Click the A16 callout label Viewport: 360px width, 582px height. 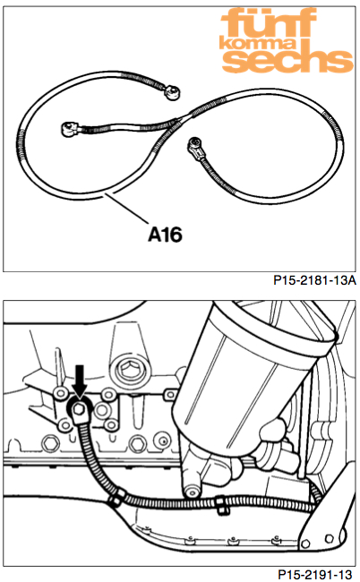coord(165,235)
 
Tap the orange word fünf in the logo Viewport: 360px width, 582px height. coord(269,22)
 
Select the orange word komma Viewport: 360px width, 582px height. coord(258,44)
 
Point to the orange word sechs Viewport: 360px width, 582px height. coord(287,60)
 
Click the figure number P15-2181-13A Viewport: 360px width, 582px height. coord(314,280)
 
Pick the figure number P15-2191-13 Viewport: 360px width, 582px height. coord(314,575)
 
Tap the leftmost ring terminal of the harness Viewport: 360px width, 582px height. coord(69,129)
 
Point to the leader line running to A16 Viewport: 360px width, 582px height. coord(126,207)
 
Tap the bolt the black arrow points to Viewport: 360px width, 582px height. coord(78,409)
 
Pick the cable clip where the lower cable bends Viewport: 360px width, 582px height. coord(116,499)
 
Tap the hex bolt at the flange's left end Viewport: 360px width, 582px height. coord(48,443)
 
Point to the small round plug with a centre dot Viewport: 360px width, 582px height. coord(162,441)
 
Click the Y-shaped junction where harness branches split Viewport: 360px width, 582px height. coord(177,121)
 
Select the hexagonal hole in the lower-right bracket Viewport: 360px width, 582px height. coord(329,538)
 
